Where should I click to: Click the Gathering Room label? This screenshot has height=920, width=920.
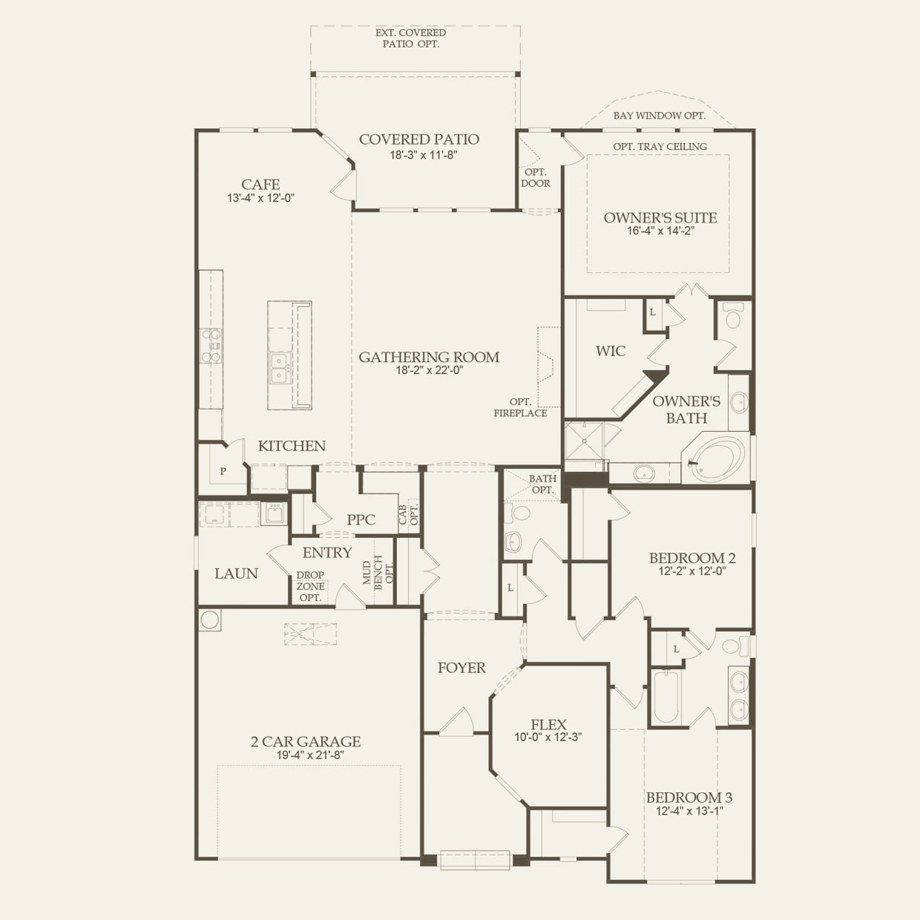(x=429, y=357)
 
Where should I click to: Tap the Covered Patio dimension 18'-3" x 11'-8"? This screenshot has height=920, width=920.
(x=419, y=156)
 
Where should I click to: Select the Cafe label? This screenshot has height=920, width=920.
(x=260, y=184)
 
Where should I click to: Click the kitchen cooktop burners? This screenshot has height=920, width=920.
(x=211, y=346)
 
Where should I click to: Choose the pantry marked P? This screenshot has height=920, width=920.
(x=223, y=471)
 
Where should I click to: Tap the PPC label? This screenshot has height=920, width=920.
(x=361, y=519)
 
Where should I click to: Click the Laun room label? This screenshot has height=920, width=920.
(x=236, y=574)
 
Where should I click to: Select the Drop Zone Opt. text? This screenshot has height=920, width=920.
(x=310, y=586)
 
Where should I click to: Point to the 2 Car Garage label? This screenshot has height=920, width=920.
(x=306, y=741)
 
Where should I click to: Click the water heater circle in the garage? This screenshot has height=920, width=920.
(x=209, y=620)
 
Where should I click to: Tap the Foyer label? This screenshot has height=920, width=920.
(x=461, y=668)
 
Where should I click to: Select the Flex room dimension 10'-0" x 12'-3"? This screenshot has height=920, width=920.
(x=548, y=737)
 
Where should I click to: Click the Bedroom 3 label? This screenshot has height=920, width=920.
(x=689, y=798)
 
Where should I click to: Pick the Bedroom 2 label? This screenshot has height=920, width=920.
(x=692, y=558)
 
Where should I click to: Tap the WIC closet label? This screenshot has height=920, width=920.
(x=611, y=351)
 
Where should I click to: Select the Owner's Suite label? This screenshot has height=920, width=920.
(x=660, y=217)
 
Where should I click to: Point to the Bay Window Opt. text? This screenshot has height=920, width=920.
(x=659, y=116)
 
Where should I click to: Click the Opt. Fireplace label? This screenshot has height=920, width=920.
(x=520, y=407)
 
